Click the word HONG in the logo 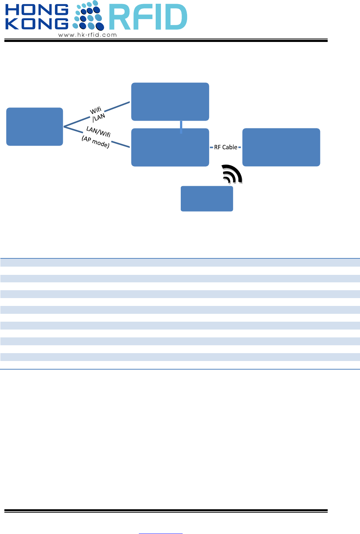click(x=37, y=10)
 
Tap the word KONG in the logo click(x=37, y=24)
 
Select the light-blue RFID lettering click(x=148, y=17)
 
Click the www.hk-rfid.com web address click(x=88, y=35)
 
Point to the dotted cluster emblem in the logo click(x=88, y=16)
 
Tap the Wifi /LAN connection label click(x=97, y=113)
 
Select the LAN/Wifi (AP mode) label click(x=97, y=137)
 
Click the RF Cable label click(x=226, y=147)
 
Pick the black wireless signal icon click(x=232, y=174)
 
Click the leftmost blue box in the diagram click(x=34, y=127)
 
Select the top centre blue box click(x=170, y=101)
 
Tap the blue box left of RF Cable click(x=170, y=148)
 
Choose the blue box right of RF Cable click(x=281, y=147)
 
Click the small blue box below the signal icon click(x=207, y=198)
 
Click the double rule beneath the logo click(x=166, y=40)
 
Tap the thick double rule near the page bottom click(x=166, y=511)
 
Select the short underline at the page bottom click(x=161, y=533)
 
